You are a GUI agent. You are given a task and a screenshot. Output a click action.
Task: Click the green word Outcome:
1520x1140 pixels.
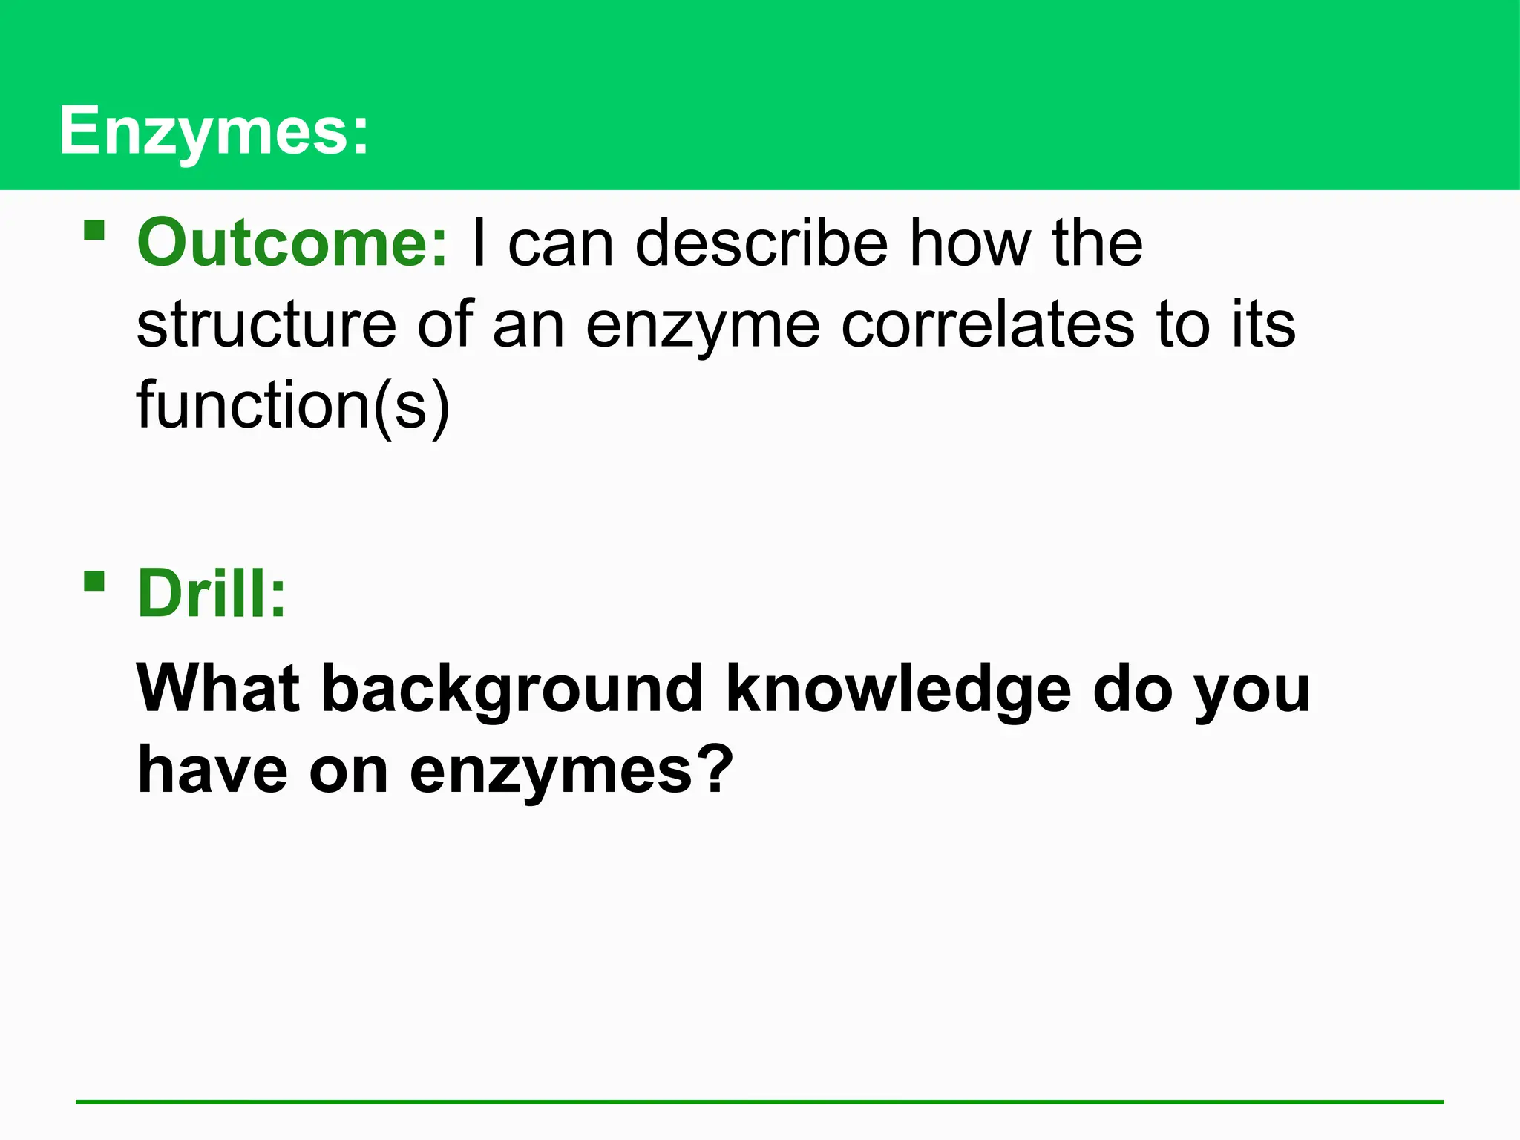pyautogui.click(x=292, y=243)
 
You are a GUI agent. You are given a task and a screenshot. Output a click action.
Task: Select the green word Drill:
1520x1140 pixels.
pyautogui.click(x=212, y=594)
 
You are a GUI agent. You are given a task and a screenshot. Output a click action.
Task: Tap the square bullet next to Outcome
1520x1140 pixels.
pyautogui.click(x=94, y=230)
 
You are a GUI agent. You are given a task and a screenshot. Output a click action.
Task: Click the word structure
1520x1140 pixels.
pyautogui.click(x=266, y=324)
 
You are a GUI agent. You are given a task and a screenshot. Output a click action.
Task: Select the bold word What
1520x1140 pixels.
pyautogui.click(x=218, y=689)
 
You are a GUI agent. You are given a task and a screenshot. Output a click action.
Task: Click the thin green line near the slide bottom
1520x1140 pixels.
pyautogui.click(x=760, y=1102)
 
